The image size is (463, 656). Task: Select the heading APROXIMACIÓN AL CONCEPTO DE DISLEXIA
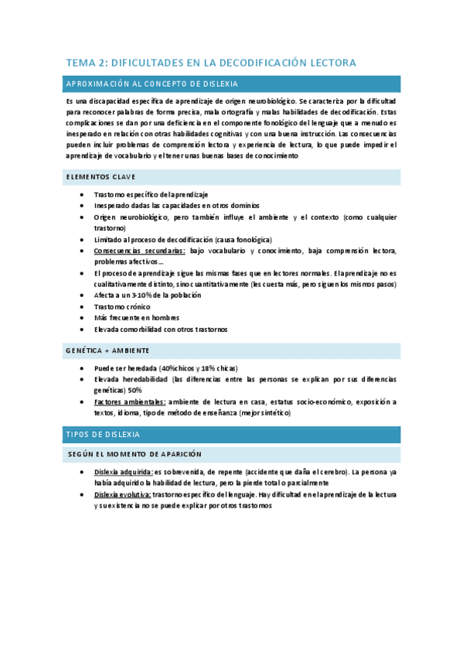152,84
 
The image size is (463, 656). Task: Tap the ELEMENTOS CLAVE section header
101,177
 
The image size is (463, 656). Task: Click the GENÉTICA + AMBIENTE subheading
107,350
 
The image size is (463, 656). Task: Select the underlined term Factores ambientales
129,401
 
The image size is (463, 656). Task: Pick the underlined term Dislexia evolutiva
122,494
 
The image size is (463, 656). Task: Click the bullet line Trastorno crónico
123,306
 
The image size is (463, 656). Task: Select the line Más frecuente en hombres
136,317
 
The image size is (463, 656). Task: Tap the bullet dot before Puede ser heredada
82,368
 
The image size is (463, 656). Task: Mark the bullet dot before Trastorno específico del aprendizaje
82,195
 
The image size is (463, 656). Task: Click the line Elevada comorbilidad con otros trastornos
160,329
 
